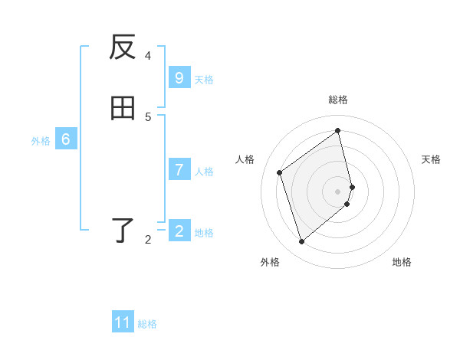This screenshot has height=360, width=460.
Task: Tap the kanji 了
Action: (x=123, y=230)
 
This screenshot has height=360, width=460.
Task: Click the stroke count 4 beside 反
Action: (x=148, y=55)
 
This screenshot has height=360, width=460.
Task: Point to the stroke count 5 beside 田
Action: (x=148, y=116)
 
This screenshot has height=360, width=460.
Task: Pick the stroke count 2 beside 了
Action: (x=148, y=240)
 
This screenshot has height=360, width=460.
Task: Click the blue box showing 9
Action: (x=179, y=78)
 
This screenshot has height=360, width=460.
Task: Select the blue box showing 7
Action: (x=179, y=170)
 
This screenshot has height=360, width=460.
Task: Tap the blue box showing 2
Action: (x=179, y=231)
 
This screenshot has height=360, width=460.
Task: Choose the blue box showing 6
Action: (x=66, y=139)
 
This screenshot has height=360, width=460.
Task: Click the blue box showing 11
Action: (x=123, y=322)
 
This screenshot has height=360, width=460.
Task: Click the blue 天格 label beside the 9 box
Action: (x=204, y=80)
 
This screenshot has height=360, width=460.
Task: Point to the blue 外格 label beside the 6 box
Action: (x=41, y=141)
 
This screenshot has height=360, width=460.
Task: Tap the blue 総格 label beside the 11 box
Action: (x=147, y=324)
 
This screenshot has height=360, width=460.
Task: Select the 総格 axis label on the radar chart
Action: (x=338, y=100)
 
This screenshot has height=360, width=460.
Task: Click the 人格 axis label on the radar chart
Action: (x=245, y=159)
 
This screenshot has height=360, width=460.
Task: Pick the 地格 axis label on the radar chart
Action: (x=402, y=262)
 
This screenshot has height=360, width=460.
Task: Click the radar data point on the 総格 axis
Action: (x=338, y=130)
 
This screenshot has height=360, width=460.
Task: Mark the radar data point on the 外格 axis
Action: (x=301, y=242)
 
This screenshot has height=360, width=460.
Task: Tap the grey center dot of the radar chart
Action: (x=338, y=191)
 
